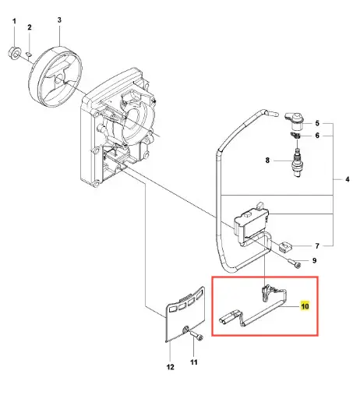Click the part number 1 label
coord(14,21)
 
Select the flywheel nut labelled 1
coord(15,53)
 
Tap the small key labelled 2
coord(29,55)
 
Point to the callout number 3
coord(59,20)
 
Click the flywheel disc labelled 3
coord(55,76)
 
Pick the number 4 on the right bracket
coord(348,179)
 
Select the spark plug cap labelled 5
coord(295,121)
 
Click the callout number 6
coord(317,136)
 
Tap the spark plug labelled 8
coord(297,162)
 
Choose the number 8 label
coord(267,161)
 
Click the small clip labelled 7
coord(285,246)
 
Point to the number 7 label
coord(317,245)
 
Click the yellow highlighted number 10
coord(305,306)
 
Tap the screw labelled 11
coord(197,336)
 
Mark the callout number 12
coord(170,367)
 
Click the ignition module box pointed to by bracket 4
coord(251,224)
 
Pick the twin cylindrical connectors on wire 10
coord(229,317)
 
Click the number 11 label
coord(194,362)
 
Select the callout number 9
coord(314,260)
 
